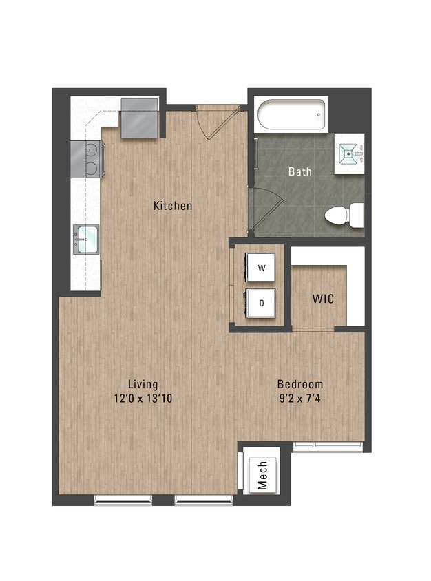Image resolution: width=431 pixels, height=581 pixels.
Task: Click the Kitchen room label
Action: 173,205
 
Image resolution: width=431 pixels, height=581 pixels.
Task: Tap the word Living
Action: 143,384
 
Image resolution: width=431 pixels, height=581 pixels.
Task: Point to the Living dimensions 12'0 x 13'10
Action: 143,398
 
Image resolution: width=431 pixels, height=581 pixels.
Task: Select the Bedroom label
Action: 299,384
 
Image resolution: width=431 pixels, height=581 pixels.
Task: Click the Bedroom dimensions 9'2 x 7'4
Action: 299,398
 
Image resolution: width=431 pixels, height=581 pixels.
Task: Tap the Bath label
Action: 299,171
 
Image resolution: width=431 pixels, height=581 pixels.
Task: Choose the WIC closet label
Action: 324,299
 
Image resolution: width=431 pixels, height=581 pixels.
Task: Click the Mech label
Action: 262,475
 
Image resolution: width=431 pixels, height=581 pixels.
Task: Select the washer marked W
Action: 261,267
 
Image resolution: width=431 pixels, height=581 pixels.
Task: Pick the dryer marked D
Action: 261,302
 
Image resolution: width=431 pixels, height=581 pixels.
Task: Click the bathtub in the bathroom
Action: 290,116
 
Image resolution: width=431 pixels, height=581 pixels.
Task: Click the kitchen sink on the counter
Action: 86,240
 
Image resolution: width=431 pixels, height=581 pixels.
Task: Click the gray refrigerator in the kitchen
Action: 140,118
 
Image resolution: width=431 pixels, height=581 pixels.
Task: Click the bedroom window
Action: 328,445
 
